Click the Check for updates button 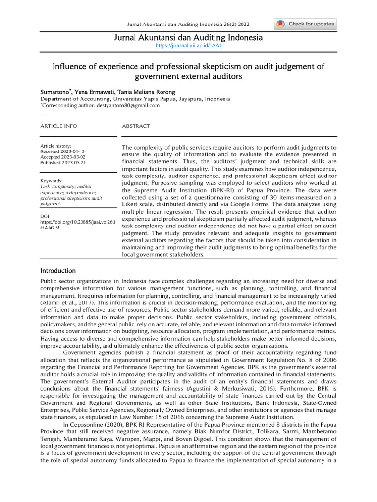click(x=305, y=24)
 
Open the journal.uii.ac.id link click(x=188, y=45)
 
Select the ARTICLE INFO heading click(x=58, y=126)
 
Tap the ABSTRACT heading click(x=136, y=126)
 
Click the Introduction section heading click(x=58, y=271)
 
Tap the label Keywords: click(x=52, y=181)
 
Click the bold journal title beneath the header click(x=188, y=38)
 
